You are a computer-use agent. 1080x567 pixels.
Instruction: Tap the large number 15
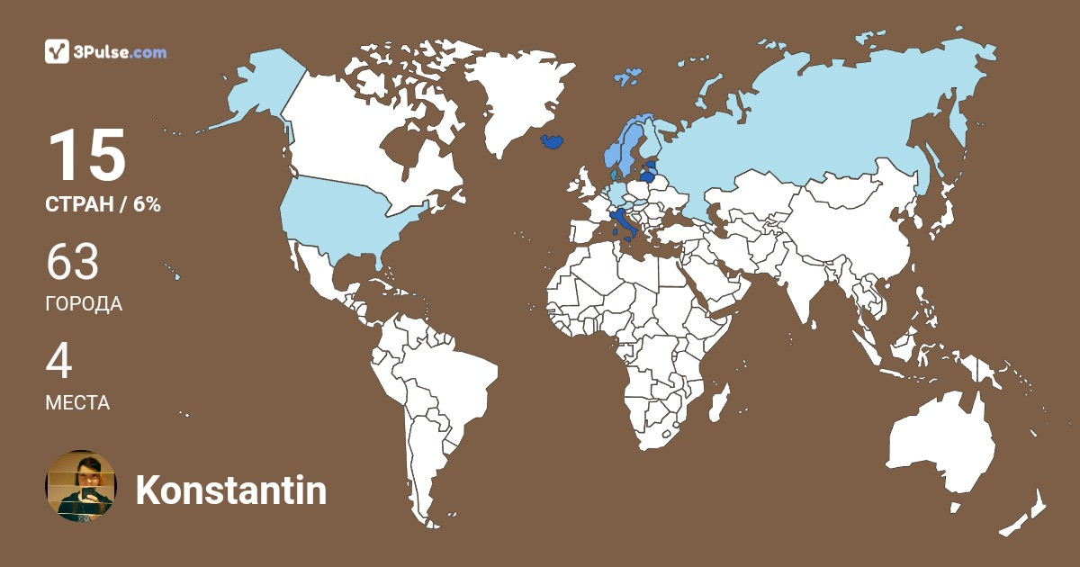click(86, 156)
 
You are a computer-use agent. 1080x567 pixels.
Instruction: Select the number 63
click(72, 263)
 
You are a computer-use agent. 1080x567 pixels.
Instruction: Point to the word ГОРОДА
click(84, 304)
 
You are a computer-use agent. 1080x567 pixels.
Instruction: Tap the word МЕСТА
click(77, 403)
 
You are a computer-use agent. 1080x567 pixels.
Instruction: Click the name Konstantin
click(230, 490)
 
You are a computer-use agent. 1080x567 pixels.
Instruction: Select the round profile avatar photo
click(81, 486)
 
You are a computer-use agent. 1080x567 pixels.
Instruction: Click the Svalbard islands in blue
click(627, 76)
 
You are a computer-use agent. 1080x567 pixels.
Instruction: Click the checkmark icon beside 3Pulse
click(57, 51)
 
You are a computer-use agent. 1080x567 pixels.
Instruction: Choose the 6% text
click(147, 204)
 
